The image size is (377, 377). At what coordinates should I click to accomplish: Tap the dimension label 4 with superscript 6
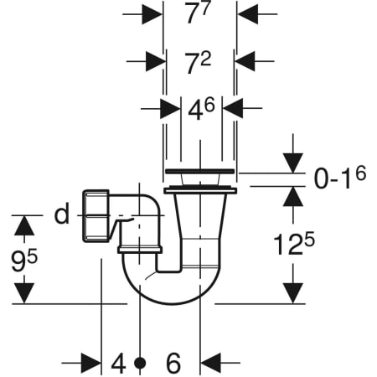(201, 110)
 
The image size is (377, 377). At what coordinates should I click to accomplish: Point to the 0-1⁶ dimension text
(340, 177)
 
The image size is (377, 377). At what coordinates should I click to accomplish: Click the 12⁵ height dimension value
(294, 244)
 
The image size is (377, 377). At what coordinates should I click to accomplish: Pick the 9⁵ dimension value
(24, 261)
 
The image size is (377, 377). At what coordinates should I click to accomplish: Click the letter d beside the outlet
(62, 214)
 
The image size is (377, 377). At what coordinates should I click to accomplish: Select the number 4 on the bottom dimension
(118, 364)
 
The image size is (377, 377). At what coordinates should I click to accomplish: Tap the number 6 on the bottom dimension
(173, 363)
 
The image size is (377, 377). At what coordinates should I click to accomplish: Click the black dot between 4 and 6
(140, 363)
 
